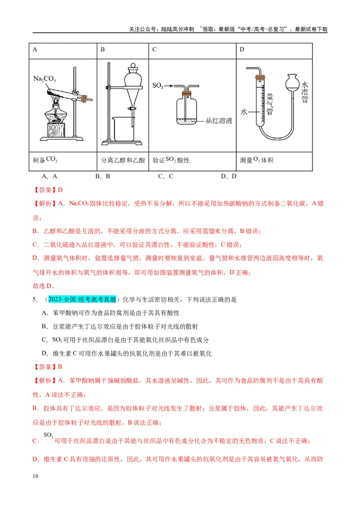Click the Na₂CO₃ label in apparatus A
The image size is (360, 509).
44,79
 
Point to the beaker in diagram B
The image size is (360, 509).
123,129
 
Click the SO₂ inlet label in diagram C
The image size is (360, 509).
157,86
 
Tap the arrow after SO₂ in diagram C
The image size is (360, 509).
169,86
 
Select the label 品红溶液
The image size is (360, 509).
219,121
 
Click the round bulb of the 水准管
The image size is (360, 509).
292,82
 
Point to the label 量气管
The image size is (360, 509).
270,104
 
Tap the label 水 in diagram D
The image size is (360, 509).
244,112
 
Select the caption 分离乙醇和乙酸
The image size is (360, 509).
123,161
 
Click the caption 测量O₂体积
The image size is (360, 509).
256,160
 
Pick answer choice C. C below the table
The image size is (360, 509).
166,176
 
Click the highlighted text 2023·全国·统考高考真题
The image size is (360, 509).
82,299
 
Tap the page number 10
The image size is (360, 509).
36,476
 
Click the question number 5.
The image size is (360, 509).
35,299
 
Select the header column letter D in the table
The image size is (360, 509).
242,49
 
